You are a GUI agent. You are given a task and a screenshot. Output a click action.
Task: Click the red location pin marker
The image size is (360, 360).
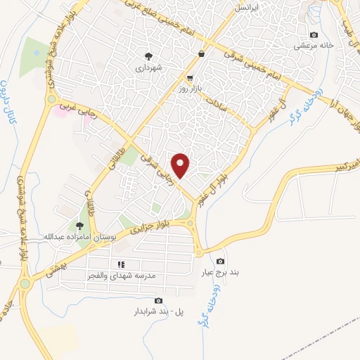click(x=181, y=165)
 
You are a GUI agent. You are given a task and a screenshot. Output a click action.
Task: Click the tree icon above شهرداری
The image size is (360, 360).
click(x=148, y=56)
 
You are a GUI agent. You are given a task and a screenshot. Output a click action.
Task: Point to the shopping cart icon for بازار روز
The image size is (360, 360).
click(x=190, y=77)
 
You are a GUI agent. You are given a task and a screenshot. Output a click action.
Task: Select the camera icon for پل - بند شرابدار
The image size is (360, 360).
click(x=157, y=300)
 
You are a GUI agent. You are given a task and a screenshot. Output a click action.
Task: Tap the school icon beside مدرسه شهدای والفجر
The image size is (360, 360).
click(x=120, y=264)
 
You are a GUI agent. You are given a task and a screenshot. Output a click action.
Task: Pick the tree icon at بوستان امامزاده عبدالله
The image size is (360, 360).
click(x=79, y=226)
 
